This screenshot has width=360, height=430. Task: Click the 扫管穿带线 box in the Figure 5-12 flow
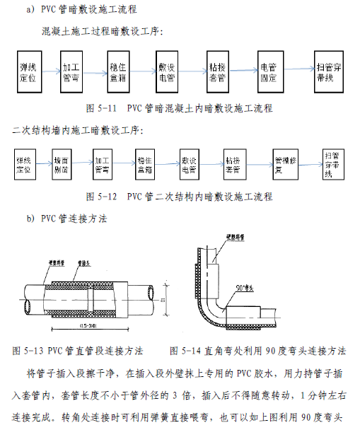pyautogui.click(x=330, y=165)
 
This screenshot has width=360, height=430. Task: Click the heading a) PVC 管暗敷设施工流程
pyautogui.click(x=81, y=9)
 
